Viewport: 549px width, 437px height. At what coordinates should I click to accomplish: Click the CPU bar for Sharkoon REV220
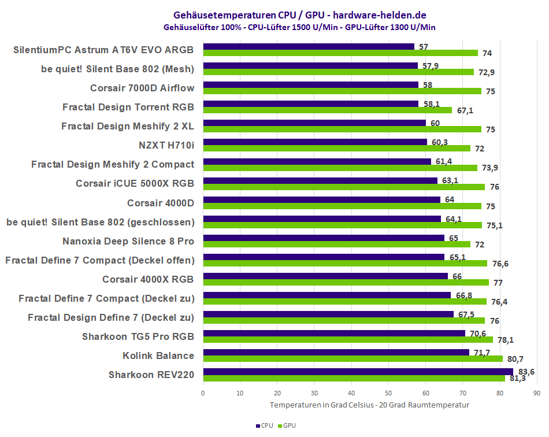tap(358, 372)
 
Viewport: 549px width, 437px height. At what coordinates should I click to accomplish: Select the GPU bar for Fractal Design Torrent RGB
tap(327, 110)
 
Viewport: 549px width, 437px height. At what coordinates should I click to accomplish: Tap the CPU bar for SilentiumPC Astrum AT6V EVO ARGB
tap(309, 47)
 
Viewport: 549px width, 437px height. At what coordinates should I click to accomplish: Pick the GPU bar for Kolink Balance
tap(353, 359)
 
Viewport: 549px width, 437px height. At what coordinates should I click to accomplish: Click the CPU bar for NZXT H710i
tap(315, 142)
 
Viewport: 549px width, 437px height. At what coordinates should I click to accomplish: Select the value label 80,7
tap(515, 359)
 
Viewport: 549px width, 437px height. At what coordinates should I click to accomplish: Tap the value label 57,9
tap(431, 66)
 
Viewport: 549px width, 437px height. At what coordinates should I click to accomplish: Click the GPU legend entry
tap(287, 425)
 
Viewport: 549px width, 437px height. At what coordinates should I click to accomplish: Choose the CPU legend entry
tap(264, 425)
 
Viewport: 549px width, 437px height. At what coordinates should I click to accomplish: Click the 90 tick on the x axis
tap(537, 393)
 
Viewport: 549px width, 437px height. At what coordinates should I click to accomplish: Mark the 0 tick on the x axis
tap(203, 393)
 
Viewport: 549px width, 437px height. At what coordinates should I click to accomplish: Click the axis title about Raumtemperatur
tap(369, 405)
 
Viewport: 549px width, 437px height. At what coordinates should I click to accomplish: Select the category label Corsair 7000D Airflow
tap(142, 88)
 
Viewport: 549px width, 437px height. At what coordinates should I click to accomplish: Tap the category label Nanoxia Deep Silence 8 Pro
tap(128, 241)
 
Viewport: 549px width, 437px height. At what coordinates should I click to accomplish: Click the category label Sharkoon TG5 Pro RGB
tap(138, 336)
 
